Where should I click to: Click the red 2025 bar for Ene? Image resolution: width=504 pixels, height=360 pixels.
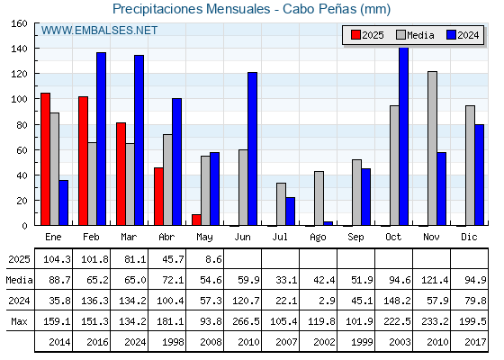point(45,159)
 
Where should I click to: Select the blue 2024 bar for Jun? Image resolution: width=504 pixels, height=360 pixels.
point(252,148)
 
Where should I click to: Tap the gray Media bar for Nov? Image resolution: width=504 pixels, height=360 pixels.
point(432,148)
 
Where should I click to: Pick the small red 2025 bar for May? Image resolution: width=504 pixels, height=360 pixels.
point(196,220)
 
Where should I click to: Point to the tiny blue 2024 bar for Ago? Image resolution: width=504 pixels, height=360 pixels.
point(328,223)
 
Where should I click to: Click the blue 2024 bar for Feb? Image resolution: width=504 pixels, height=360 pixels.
point(101,139)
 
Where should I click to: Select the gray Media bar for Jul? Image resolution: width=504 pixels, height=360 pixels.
point(281,204)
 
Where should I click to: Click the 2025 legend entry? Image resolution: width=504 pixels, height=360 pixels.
point(367,35)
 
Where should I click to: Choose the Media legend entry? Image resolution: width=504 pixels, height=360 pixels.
point(415,35)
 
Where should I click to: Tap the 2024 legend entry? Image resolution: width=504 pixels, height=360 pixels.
point(463,35)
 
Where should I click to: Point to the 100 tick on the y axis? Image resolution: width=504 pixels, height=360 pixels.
point(19,99)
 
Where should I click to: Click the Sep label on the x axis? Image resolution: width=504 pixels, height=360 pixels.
point(355,238)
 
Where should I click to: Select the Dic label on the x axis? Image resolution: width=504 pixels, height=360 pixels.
point(469,237)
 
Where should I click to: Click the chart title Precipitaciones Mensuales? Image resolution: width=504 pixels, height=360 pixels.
point(191,9)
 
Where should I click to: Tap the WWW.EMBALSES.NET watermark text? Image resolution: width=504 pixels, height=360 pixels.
point(99,31)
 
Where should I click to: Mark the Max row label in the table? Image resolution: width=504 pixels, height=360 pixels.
point(19,321)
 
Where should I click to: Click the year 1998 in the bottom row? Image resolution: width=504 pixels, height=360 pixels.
point(173,342)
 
